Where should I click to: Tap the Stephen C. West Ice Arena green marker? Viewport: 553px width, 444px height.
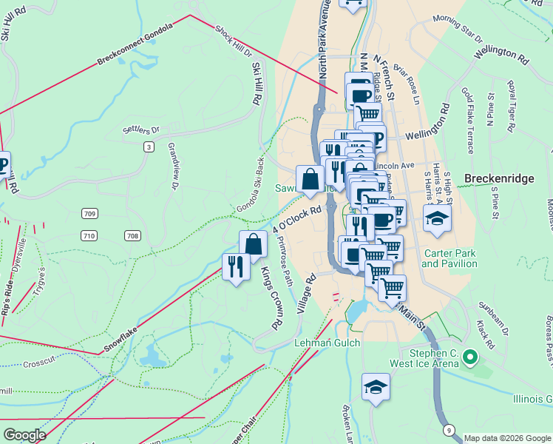tap(468, 360)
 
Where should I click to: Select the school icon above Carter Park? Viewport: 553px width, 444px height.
tap(437, 219)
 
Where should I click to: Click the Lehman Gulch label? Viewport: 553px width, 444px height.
tap(327, 343)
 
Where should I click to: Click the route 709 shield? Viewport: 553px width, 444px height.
tap(89, 214)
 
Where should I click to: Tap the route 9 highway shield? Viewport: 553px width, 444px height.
tap(449, 430)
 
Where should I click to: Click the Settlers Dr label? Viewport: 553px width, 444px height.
tap(141, 131)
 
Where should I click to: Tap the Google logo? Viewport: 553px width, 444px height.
tap(24, 435)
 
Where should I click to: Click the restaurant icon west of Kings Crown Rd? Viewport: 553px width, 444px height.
tap(236, 266)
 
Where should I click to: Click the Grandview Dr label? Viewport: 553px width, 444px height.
tap(173, 166)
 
